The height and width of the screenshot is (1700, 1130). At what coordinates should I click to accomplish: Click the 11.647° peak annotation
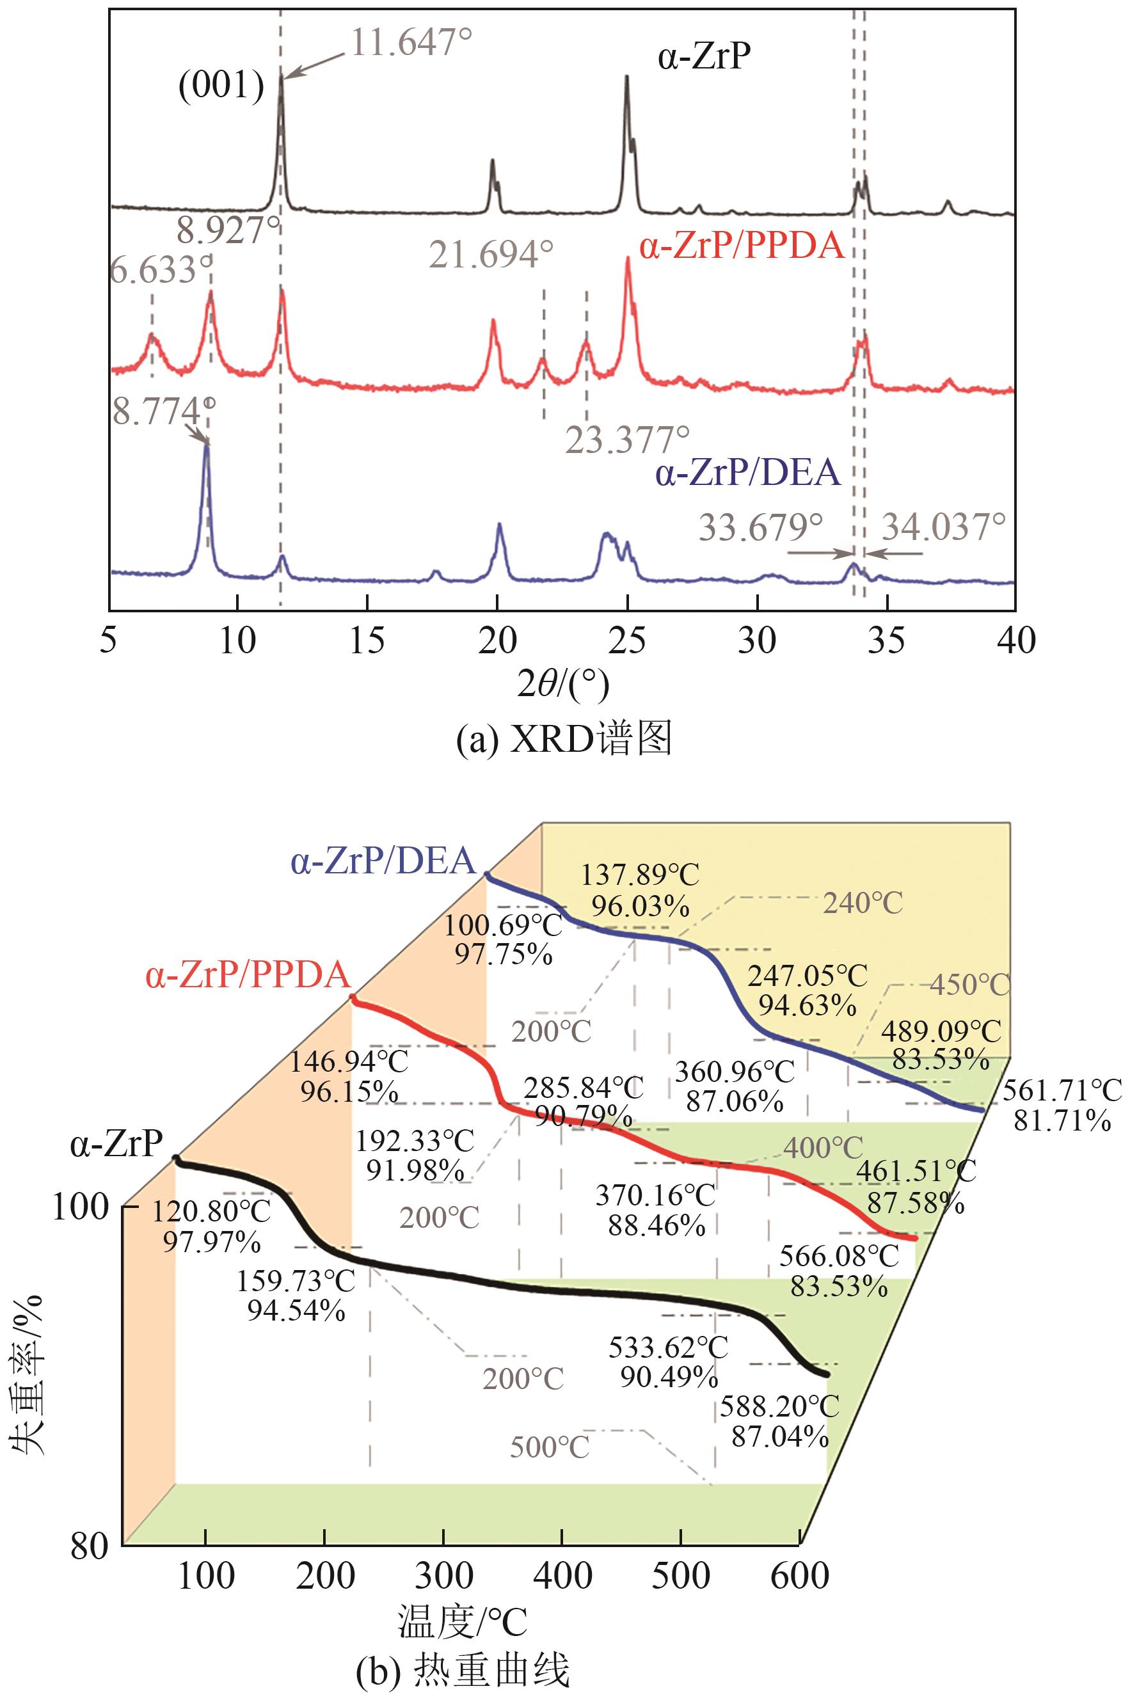(411, 42)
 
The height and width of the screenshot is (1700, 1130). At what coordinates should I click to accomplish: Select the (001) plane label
(221, 86)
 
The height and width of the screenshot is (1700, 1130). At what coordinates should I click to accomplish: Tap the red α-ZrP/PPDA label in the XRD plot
(742, 246)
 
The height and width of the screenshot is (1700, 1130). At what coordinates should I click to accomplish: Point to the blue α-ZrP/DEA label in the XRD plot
(748, 473)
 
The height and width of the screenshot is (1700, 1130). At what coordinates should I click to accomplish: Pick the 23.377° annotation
(627, 440)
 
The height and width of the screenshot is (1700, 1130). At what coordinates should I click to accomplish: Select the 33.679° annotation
(760, 527)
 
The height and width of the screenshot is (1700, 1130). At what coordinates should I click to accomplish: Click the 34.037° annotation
(943, 527)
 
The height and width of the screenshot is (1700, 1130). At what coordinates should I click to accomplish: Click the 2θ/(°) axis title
(563, 685)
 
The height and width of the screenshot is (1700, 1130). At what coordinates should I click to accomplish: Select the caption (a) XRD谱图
(564, 738)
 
